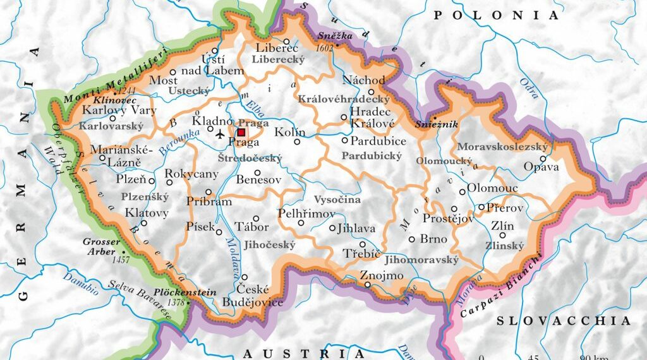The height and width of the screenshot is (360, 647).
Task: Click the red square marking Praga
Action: (241, 133)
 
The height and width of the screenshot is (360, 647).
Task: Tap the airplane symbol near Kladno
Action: (219, 134)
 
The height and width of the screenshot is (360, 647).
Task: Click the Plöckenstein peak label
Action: (185, 293)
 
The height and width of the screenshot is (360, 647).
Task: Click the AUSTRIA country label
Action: (304, 352)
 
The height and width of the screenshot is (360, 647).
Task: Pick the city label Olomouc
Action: (492, 188)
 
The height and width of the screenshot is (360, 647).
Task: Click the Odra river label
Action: (529, 88)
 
